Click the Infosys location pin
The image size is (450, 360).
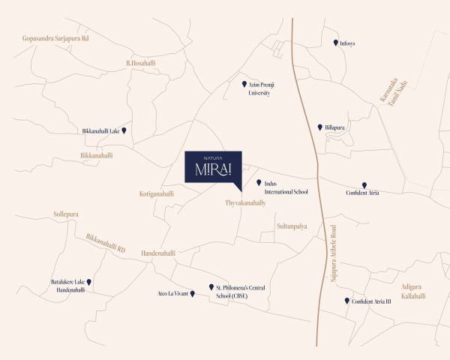[x=336, y=43]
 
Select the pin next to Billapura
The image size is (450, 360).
[x=320, y=127]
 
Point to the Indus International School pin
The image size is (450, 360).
[x=259, y=183]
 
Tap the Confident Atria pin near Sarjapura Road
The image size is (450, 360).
[x=364, y=185]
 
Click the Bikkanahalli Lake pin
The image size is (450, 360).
[x=124, y=130]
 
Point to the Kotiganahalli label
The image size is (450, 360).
[x=157, y=193]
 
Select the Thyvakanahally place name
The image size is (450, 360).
[x=245, y=203]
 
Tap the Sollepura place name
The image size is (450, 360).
[x=66, y=214]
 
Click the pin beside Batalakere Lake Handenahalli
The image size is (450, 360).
[x=88, y=282]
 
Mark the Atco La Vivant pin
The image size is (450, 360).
[x=193, y=293]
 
